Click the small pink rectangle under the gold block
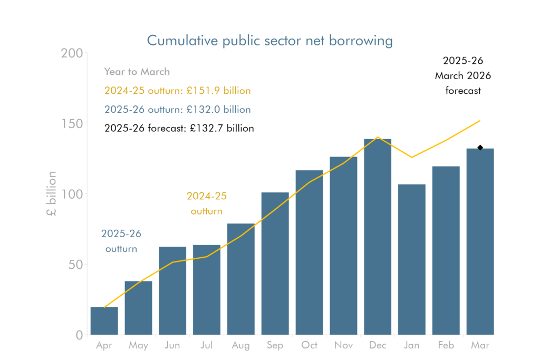click(189, 252)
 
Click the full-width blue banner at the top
click(270, 41)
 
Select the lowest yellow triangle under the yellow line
click(117, 301)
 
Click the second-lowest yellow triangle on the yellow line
click(152, 276)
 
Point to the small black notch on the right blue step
click(479, 148)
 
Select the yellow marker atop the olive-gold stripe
click(292, 197)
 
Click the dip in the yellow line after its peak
click(391, 145)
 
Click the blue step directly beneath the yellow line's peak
click(378, 237)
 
